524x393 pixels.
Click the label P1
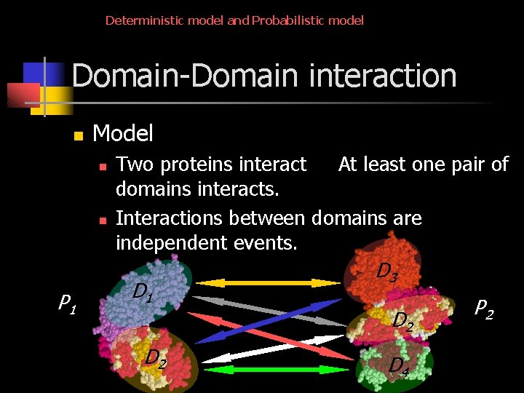click(68, 301)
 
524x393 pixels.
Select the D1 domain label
click(143, 293)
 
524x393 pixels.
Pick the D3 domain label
click(386, 271)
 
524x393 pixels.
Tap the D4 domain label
click(398, 365)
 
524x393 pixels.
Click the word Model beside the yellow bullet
click(123, 133)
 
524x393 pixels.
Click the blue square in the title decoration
click(35, 74)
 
